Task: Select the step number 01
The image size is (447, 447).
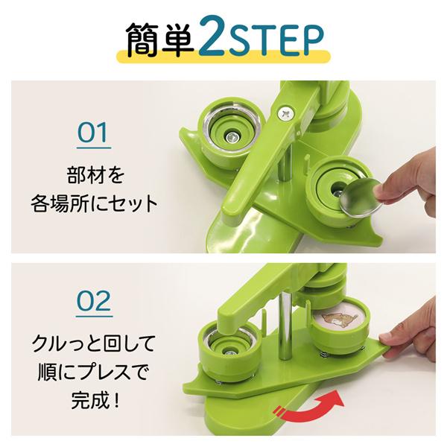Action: tap(93, 134)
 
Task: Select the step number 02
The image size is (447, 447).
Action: tap(94, 302)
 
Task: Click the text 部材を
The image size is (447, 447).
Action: tap(93, 177)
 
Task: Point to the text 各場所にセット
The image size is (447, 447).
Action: tap(93, 203)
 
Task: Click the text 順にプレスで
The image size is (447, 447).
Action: tap(94, 370)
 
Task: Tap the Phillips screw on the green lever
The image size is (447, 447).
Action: tap(285, 113)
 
